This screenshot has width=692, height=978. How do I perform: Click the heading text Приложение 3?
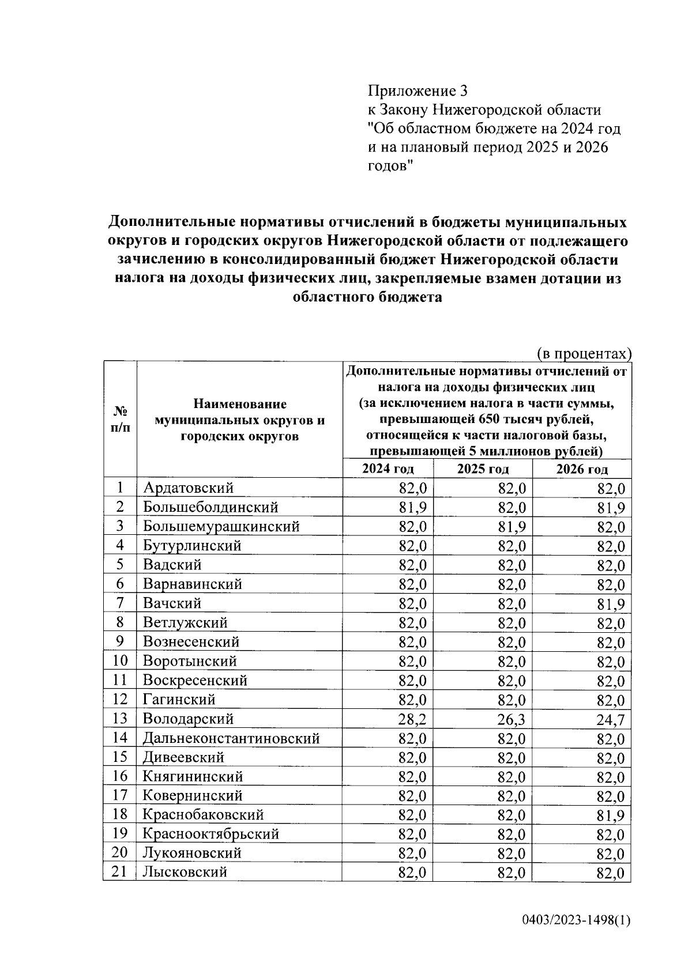418,90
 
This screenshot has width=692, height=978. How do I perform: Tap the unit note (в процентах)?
584,353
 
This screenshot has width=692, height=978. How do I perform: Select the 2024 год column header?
388,469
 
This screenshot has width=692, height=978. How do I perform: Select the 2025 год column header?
483,469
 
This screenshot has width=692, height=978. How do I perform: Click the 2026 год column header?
581,469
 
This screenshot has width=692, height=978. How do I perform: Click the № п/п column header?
120,419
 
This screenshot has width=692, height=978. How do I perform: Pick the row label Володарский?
188,719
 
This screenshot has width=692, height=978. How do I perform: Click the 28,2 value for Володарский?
412,719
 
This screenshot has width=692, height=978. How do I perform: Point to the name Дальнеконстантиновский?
231,738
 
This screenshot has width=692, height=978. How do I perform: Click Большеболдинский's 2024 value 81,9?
412,507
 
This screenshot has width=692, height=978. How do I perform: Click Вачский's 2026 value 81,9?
611,604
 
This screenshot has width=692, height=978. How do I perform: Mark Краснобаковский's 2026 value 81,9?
611,815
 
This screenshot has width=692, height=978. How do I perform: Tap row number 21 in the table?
119,871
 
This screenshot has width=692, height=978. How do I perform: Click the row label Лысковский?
185,872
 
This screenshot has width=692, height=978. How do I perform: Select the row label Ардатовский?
188,488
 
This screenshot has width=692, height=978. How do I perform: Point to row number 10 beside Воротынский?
119,660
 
